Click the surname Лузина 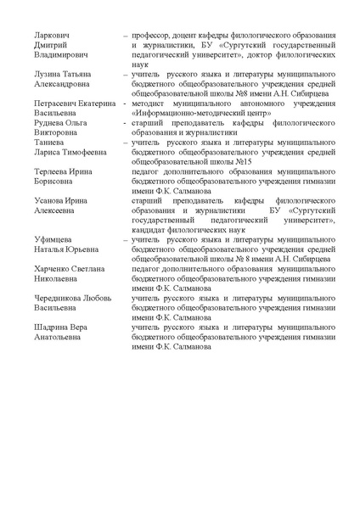50,74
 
